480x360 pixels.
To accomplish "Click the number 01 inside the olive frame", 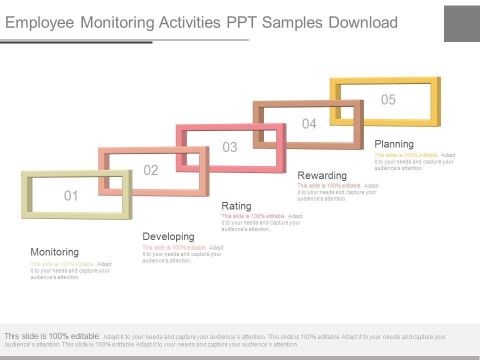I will click(x=71, y=196).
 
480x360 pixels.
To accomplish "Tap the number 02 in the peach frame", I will click(x=151, y=170).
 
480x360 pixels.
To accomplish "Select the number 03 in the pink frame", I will click(x=229, y=147).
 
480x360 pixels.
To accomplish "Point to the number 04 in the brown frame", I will click(x=309, y=124).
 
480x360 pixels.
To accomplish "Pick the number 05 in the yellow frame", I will click(x=388, y=100).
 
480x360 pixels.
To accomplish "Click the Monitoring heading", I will click(x=54, y=252).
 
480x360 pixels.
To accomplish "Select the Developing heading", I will click(x=168, y=236).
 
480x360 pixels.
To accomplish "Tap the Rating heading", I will click(x=236, y=206).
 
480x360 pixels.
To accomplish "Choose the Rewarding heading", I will click(x=322, y=175).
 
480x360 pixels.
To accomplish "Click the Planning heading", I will click(x=394, y=144).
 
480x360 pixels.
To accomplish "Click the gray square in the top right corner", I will click(x=461, y=23).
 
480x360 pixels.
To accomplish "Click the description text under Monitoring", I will click(x=70, y=270).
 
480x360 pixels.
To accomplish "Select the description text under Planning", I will click(x=414, y=161).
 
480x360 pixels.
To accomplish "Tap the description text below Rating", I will click(x=261, y=222).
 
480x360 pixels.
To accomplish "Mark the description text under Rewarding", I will click(x=337, y=192).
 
